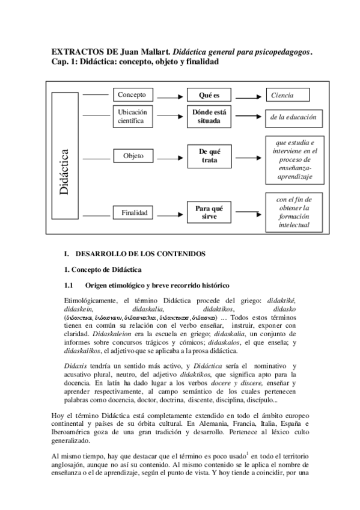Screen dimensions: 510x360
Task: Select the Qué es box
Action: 209,96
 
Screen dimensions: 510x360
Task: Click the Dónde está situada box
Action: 209,116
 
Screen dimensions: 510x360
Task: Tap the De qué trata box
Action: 209,156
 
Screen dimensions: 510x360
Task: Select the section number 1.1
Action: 69,284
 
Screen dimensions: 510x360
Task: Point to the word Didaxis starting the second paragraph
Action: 75,366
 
